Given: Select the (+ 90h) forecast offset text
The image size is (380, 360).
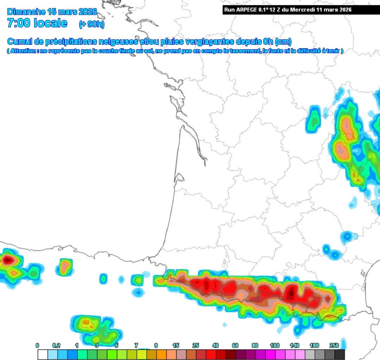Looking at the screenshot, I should [x=91, y=24].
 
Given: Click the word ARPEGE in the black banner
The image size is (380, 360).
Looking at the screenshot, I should [x=246, y=10].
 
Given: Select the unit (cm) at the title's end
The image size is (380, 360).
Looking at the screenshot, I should [x=284, y=42].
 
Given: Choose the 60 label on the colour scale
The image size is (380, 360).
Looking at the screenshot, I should [x=235, y=346].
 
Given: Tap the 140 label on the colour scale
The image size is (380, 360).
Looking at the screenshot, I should [x=294, y=346].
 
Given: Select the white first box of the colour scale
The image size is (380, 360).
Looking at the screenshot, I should [x=42, y=354].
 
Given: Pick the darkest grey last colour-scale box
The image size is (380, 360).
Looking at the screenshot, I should [x=340, y=354].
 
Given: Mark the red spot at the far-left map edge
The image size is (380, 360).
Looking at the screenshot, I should [x=7, y=260].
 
